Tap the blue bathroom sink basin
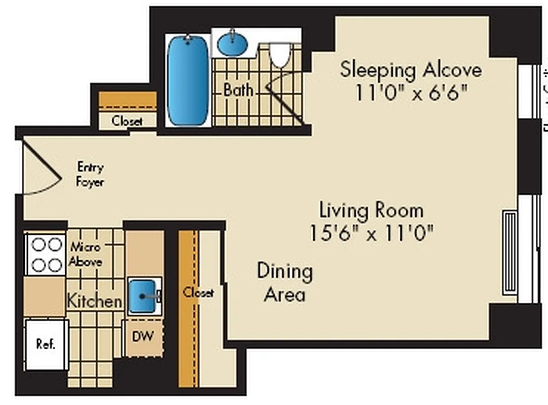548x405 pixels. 233,45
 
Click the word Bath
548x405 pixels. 238,91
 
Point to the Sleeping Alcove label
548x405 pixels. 410,69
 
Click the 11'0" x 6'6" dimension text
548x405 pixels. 410,93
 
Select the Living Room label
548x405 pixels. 371,210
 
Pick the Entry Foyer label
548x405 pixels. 90,174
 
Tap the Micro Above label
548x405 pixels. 85,255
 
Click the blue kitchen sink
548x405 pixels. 144,296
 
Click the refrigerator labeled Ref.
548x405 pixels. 46,344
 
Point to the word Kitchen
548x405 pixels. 95,301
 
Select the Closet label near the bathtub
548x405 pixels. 127,121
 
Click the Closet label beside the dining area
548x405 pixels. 198,293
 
